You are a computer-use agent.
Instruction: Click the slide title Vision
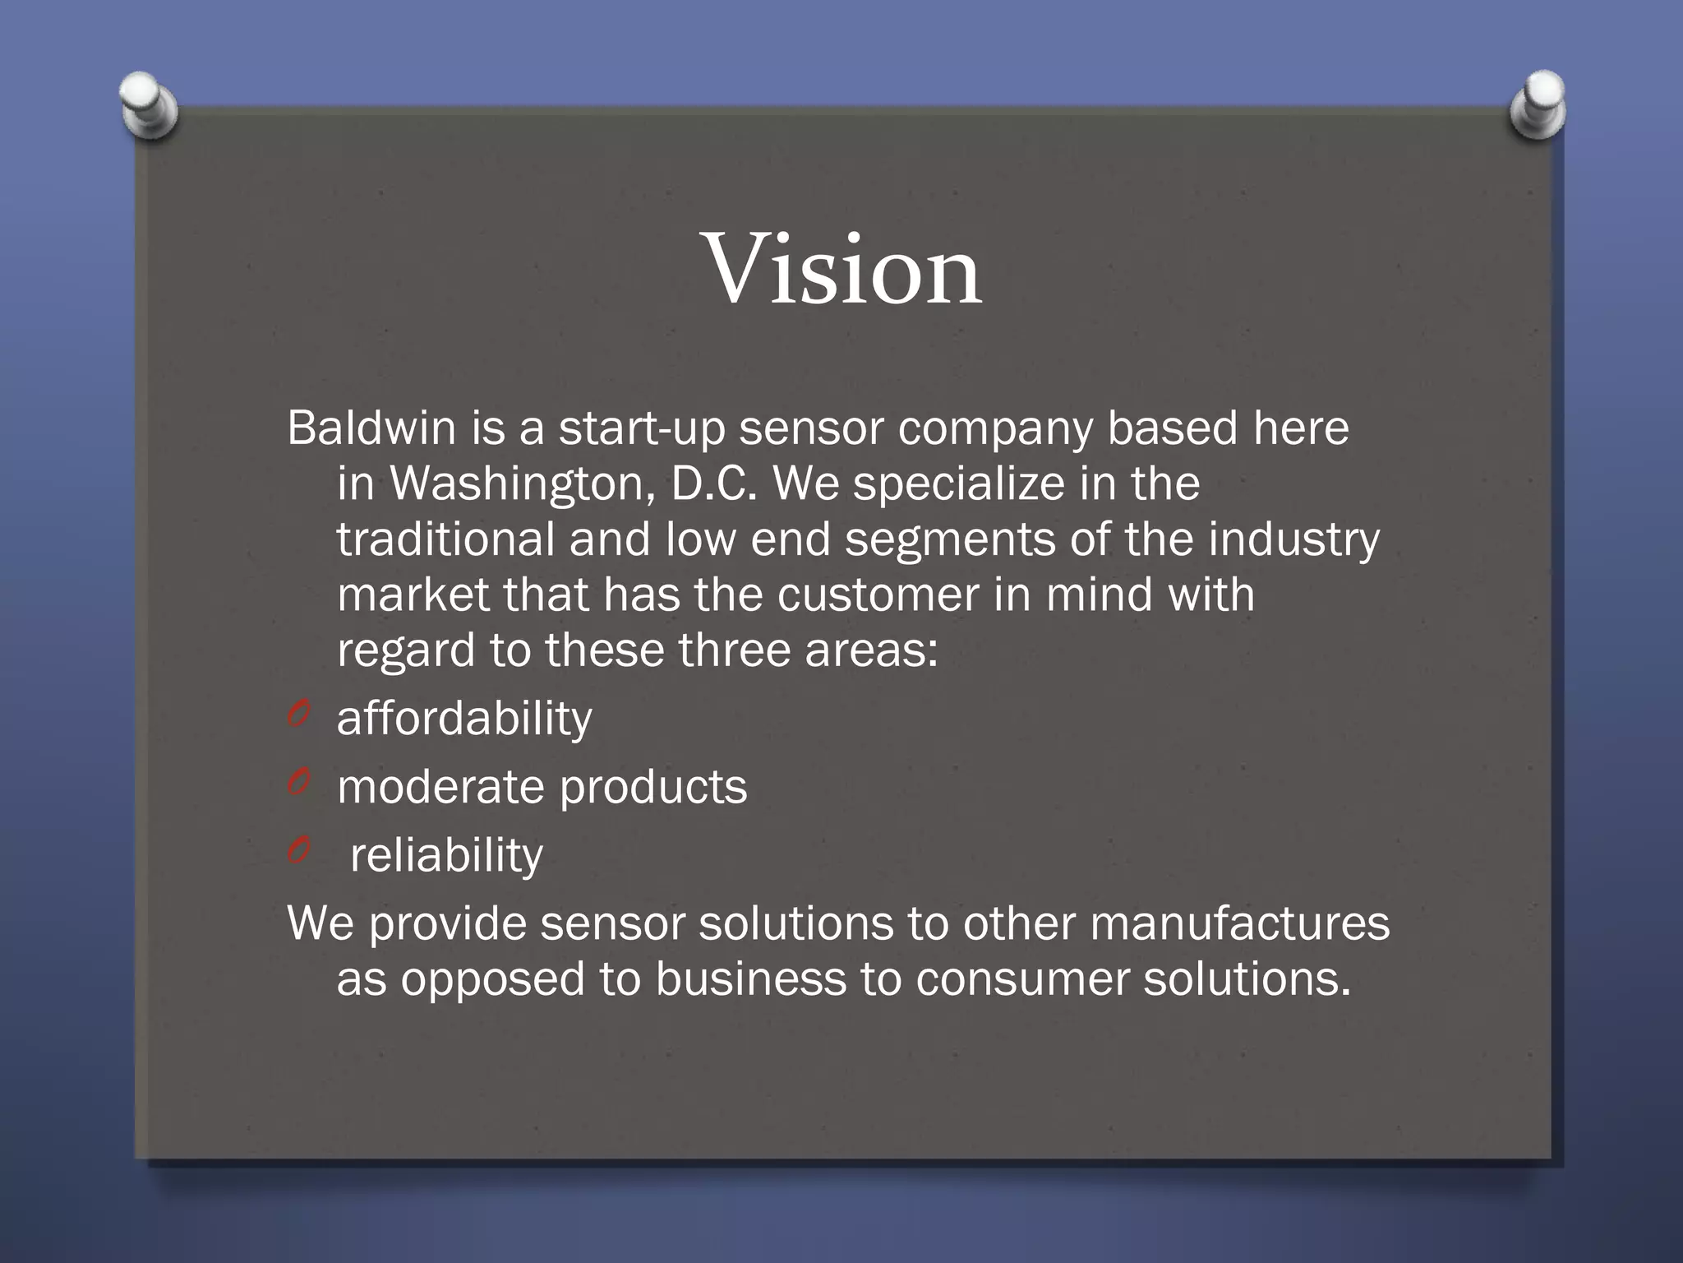pos(843,270)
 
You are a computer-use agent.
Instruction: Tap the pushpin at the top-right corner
pos(1538,104)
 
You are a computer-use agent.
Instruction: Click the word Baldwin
pos(371,428)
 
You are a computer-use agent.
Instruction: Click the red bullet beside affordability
pos(297,714)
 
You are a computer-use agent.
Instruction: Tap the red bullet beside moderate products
pos(297,783)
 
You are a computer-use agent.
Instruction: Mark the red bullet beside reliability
pos(297,851)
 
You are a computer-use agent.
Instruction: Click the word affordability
pos(463,719)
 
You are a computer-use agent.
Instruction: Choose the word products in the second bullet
pos(653,789)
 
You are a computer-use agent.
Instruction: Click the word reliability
pos(446,856)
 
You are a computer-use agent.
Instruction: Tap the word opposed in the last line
pos(492,981)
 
